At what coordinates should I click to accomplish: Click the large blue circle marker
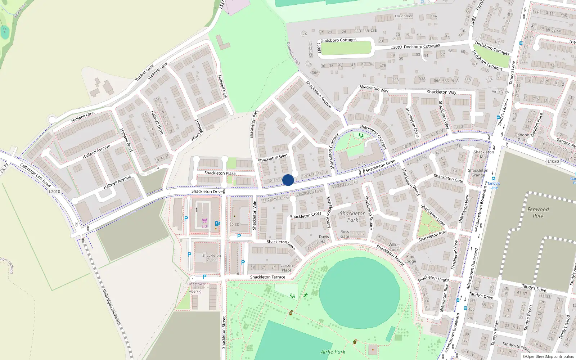[288, 180]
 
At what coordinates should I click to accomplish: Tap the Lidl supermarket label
[204, 226]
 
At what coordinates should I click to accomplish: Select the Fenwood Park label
[538, 212]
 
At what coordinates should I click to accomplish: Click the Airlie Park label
[333, 352]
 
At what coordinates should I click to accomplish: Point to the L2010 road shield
[55, 192]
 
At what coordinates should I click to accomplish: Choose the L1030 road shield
[553, 161]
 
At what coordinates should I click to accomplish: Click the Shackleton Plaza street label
[220, 173]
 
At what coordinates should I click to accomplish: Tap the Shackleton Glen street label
[273, 158]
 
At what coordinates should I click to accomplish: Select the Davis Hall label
[324, 239]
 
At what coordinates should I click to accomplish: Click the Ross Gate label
[345, 234]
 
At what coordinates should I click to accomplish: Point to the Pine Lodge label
[410, 259]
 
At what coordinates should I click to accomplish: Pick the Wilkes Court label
[395, 247]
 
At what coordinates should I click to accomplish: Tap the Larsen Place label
[287, 268]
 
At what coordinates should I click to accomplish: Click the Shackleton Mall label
[483, 154]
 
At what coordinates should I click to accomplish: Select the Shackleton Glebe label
[212, 257]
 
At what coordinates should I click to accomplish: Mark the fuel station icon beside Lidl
[217, 224]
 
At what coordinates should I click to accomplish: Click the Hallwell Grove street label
[199, 130]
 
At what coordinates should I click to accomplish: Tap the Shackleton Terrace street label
[267, 277]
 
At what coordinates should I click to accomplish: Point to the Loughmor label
[404, 16]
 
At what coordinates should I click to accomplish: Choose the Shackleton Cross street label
[306, 215]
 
